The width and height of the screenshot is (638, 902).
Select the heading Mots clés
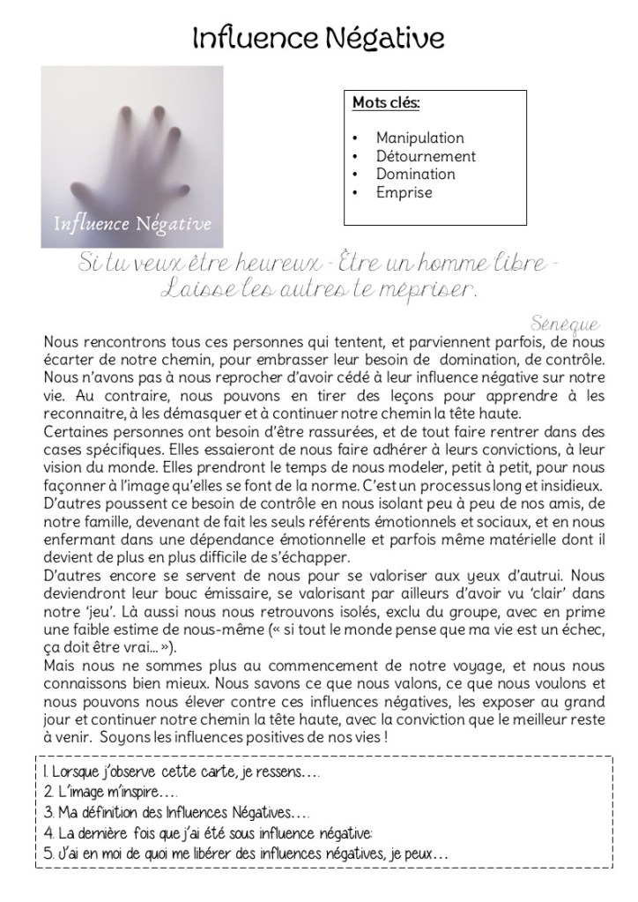tap(386, 103)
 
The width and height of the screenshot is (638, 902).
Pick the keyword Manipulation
tap(419, 138)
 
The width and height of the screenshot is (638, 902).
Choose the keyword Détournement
tap(426, 156)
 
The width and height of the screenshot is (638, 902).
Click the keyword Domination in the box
tap(415, 174)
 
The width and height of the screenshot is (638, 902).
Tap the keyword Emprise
tap(404, 191)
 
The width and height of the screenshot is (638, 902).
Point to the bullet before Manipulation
tap(354, 138)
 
